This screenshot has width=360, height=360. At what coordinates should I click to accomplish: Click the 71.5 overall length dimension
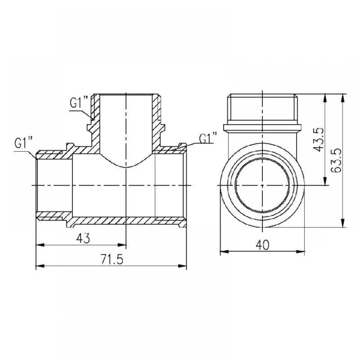click(112, 260)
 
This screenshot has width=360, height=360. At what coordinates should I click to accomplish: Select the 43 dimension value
click(83, 239)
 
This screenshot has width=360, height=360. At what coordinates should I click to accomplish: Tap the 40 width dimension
click(262, 246)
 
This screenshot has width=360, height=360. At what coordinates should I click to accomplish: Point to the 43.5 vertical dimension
click(319, 140)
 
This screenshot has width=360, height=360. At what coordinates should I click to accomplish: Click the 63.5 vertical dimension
click(337, 161)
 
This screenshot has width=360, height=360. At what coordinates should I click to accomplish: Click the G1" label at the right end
click(208, 138)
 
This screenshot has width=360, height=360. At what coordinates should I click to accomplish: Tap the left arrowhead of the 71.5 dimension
click(40, 266)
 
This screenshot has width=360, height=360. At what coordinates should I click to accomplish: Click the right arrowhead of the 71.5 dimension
click(183, 266)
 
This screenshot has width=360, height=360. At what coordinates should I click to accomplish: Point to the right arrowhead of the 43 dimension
click(122, 245)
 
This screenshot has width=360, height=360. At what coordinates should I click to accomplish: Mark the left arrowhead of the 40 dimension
click(224, 252)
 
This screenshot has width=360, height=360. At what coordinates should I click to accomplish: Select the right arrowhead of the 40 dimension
click(301, 252)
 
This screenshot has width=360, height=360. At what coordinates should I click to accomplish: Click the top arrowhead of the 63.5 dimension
click(343, 98)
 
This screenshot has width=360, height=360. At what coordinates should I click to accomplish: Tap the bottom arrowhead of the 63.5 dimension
click(343, 223)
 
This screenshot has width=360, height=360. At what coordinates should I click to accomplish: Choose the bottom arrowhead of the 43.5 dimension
click(325, 181)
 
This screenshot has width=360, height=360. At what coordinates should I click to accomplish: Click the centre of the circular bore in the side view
click(262, 185)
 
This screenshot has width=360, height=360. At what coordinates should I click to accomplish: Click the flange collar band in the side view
click(262, 128)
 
